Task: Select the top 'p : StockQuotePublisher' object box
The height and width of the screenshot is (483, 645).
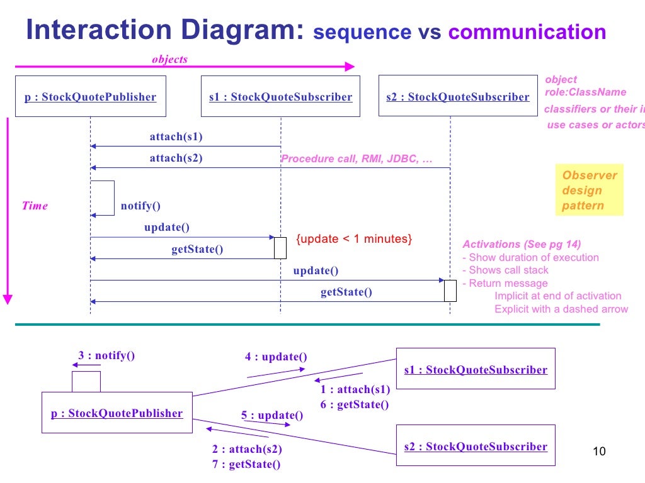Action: (x=90, y=96)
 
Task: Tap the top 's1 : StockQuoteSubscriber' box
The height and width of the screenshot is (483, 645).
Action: (x=280, y=96)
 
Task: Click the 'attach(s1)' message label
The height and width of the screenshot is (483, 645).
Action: (x=176, y=136)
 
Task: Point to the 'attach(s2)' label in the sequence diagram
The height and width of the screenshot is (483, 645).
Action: (x=176, y=158)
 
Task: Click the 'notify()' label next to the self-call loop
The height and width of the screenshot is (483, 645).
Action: (x=140, y=206)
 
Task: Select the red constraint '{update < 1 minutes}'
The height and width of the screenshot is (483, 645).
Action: (x=354, y=239)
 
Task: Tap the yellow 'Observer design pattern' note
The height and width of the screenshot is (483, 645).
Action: (x=589, y=191)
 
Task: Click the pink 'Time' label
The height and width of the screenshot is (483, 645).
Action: (x=35, y=206)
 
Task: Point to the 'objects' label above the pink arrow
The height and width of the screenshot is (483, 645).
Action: (x=169, y=59)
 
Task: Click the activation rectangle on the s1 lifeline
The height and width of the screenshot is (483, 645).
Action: (x=280, y=247)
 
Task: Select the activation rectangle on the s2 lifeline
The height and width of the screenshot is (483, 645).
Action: (x=450, y=291)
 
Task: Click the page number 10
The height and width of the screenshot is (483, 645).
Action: (x=599, y=452)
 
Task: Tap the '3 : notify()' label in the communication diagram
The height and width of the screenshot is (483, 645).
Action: (x=106, y=355)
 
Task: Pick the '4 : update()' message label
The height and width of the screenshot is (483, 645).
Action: (x=276, y=357)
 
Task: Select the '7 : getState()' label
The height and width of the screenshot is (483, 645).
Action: (x=246, y=464)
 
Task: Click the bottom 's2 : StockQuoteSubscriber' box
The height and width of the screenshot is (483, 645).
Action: (x=476, y=446)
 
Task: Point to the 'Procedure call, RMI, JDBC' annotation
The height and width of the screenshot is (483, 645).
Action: (x=357, y=158)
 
